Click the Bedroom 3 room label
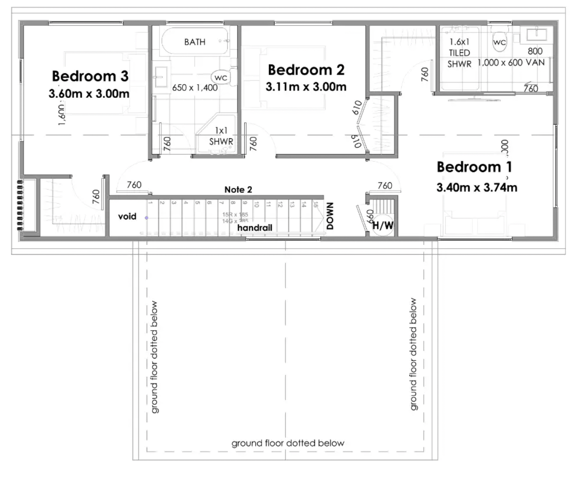(90, 76)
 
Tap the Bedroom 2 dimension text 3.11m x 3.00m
(306, 87)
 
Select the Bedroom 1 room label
(474, 168)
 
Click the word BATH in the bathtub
(195, 42)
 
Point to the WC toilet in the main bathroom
(221, 77)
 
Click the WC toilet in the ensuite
(499, 43)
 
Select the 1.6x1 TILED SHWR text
(460, 53)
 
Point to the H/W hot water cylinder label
(384, 224)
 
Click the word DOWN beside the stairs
(330, 215)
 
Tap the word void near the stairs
(127, 217)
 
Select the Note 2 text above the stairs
(238, 190)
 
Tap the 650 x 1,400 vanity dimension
(195, 88)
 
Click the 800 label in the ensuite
(535, 51)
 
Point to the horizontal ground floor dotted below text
(288, 443)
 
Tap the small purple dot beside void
(147, 218)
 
